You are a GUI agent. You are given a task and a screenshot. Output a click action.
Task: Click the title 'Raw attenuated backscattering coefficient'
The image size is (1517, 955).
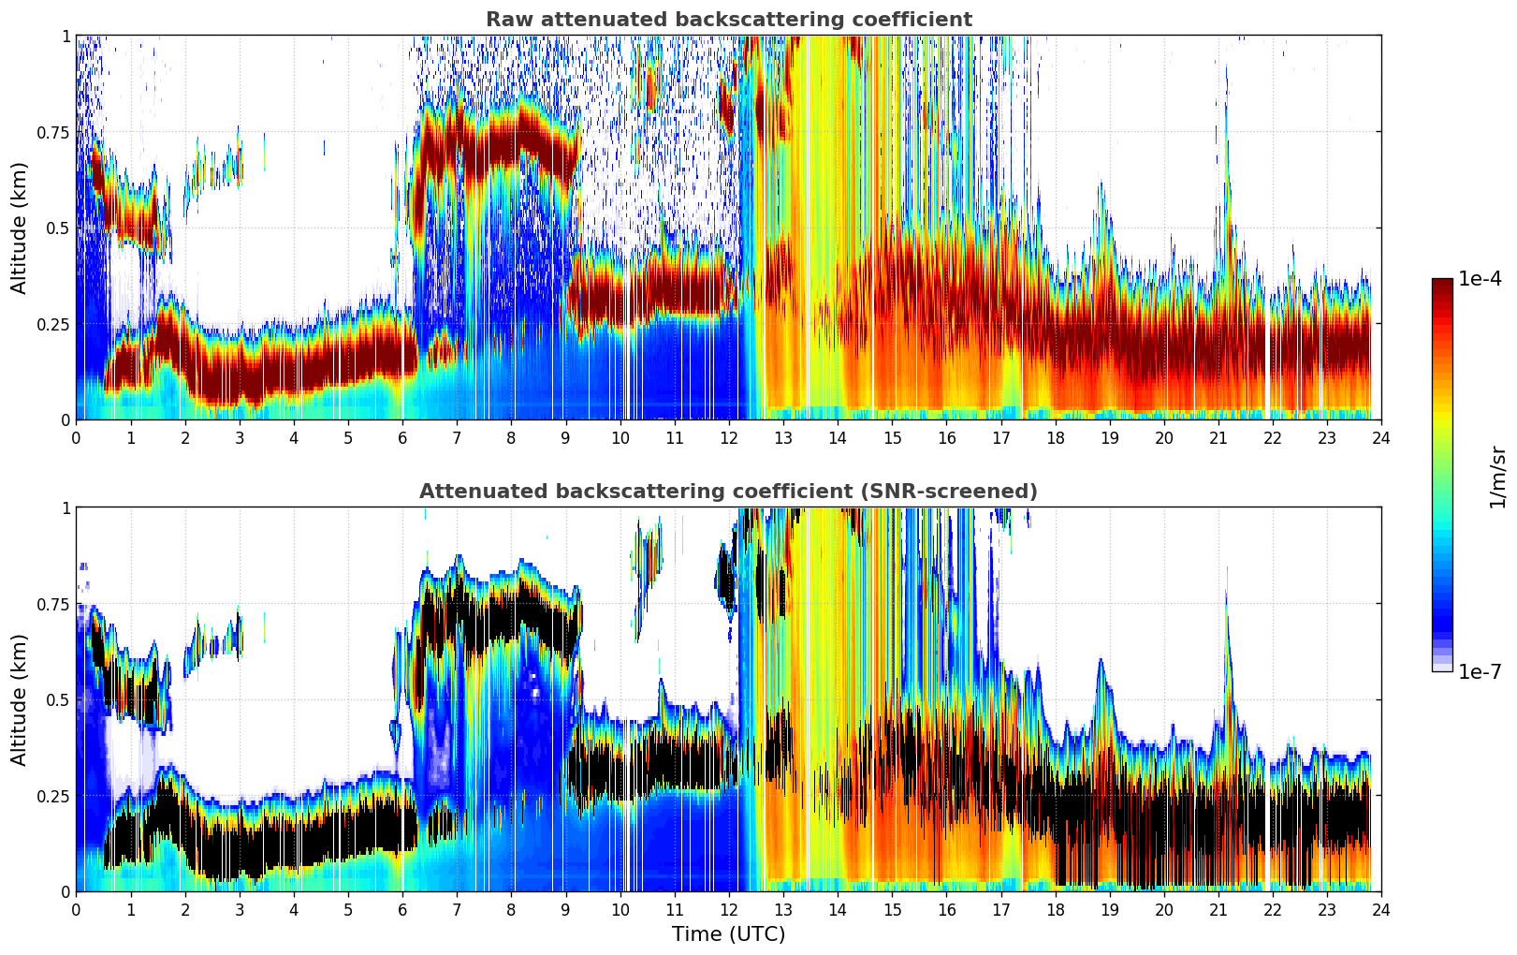pos(728,20)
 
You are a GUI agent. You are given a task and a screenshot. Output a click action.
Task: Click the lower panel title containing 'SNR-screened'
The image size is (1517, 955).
pos(728,492)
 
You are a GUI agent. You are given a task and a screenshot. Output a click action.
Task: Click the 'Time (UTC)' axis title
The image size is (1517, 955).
pos(728,934)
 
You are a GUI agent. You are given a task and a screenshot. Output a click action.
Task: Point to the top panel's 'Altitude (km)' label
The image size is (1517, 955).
pos(19,228)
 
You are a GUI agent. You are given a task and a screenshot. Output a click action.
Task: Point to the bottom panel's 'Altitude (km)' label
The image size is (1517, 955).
pos(19,699)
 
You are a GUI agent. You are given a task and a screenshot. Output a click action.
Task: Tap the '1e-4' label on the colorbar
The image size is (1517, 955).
pos(1480,279)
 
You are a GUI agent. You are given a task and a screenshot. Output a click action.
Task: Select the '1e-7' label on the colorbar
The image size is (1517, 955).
pos(1480,671)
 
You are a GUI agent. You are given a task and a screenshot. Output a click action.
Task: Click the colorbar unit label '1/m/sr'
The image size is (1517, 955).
pos(1496,477)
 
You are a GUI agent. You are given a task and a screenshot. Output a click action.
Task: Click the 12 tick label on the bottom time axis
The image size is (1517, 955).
pos(728,909)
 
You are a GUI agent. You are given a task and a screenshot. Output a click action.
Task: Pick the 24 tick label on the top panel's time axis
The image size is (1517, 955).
pos(1381,437)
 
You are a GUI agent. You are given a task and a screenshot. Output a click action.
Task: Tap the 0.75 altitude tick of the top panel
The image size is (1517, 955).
pos(52,132)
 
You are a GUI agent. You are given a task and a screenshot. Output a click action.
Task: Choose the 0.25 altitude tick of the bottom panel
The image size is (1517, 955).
pos(52,796)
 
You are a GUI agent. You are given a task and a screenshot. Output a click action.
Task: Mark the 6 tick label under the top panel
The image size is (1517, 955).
pos(402,437)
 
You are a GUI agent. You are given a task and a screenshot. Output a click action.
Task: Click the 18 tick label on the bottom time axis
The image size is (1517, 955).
pos(1055,909)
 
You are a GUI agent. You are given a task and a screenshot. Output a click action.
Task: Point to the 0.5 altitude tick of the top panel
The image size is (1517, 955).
pos(59,228)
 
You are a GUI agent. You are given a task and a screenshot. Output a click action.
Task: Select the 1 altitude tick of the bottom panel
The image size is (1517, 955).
pos(66,507)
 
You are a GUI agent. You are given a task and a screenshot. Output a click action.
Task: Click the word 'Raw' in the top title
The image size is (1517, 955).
pos(505,20)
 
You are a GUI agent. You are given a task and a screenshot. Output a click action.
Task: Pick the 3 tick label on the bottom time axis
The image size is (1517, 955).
pos(240,909)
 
